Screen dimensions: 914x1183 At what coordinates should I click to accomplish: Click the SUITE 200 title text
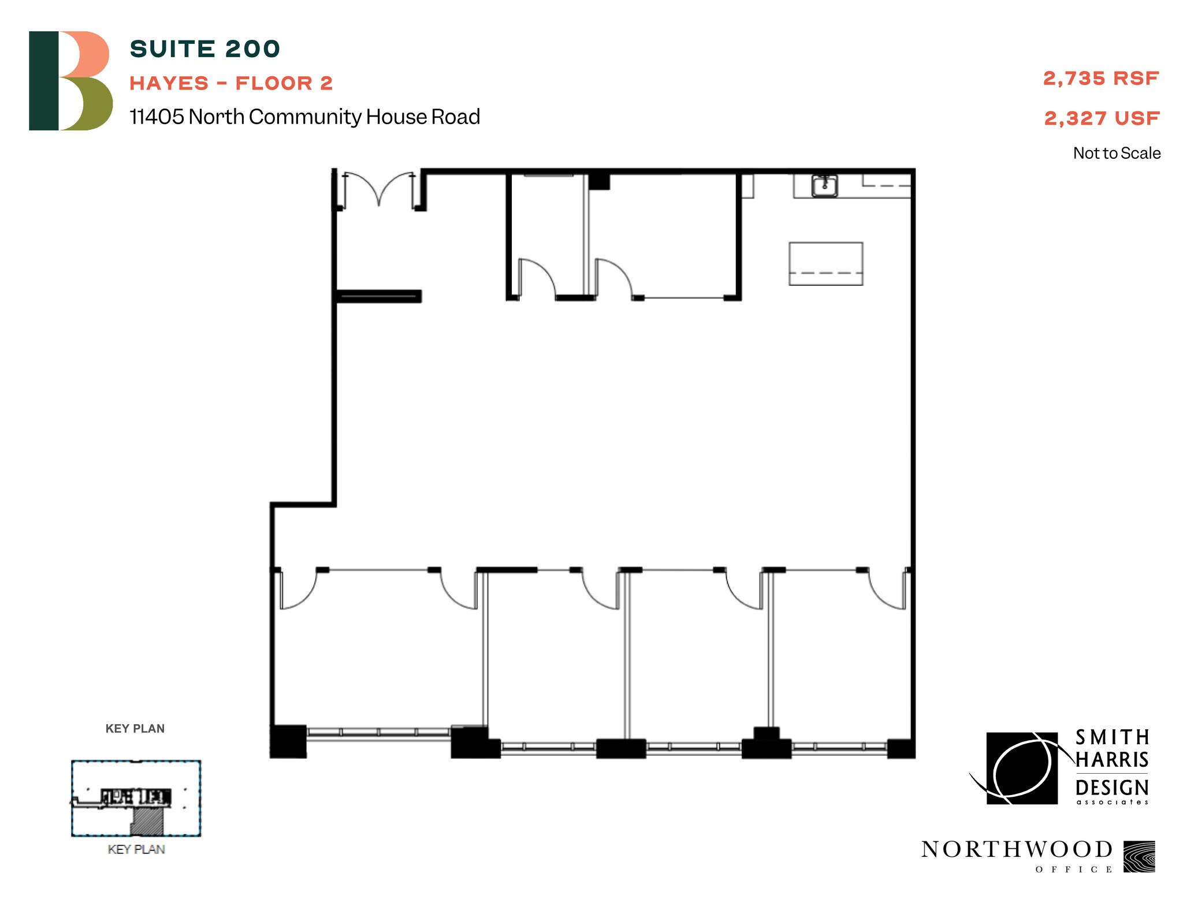204,49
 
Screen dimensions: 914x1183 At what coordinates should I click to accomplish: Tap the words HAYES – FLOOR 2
231,83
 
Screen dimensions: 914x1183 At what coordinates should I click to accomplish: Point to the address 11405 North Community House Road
304,117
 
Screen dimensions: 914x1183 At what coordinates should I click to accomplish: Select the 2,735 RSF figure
1100,79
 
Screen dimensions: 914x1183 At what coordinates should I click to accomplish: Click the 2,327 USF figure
1102,118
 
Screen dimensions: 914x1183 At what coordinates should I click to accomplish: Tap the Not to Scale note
1116,153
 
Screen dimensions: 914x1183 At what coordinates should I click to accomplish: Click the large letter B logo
70,81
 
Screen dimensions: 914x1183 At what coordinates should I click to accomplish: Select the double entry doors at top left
379,189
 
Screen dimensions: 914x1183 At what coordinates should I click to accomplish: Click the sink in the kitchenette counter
825,186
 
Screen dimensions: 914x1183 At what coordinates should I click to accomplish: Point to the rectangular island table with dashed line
825,264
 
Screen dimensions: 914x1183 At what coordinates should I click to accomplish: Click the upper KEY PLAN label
135,729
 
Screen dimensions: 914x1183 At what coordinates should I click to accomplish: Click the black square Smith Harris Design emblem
1021,768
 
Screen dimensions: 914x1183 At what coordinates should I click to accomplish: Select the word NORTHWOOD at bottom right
1017,849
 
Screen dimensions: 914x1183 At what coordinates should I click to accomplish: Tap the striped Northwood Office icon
1139,856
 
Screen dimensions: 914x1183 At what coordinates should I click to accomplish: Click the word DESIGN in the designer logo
1111,788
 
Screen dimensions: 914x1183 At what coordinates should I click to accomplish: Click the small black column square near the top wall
599,182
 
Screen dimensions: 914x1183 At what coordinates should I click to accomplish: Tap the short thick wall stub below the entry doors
379,296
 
